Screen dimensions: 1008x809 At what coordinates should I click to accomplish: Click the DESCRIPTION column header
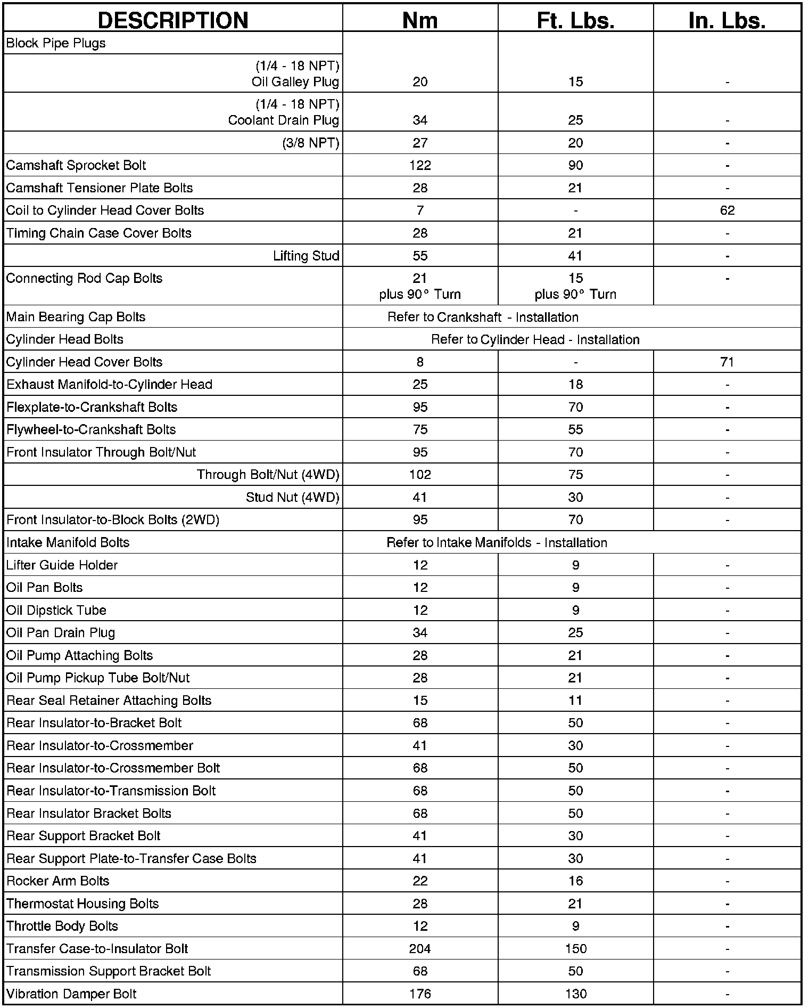coord(173,20)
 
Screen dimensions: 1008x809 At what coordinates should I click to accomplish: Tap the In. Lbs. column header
coord(727,20)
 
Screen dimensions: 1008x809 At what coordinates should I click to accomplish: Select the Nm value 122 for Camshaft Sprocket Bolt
coord(420,165)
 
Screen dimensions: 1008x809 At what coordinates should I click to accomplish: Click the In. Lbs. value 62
coord(727,210)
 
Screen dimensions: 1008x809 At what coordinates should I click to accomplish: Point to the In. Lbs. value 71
coord(727,362)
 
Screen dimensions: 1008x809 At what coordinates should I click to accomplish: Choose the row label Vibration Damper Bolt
coord(71,994)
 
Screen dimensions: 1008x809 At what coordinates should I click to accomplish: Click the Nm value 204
coord(420,949)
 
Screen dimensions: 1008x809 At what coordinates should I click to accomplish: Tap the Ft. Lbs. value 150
coord(575,949)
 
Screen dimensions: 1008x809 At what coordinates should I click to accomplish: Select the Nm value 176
coord(420,994)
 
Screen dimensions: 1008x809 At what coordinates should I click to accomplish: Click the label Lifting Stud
coord(306,256)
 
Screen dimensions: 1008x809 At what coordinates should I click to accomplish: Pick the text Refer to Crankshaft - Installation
coord(483,317)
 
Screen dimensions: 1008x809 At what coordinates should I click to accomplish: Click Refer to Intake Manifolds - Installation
coord(497,542)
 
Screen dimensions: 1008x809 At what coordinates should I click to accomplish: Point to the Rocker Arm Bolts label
coord(57,881)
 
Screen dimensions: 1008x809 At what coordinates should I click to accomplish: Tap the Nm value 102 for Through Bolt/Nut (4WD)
coord(420,475)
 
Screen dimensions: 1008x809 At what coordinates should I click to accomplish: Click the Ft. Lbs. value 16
coord(575,881)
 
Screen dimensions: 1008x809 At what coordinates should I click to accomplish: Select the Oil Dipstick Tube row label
coord(56,610)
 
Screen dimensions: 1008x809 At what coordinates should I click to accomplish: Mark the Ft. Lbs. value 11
coord(575,701)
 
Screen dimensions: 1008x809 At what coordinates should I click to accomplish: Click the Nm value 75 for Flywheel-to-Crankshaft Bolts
coord(420,429)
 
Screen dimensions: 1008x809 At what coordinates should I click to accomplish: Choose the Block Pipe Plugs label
coord(56,43)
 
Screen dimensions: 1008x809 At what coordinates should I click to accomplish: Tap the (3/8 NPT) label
coord(311,143)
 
